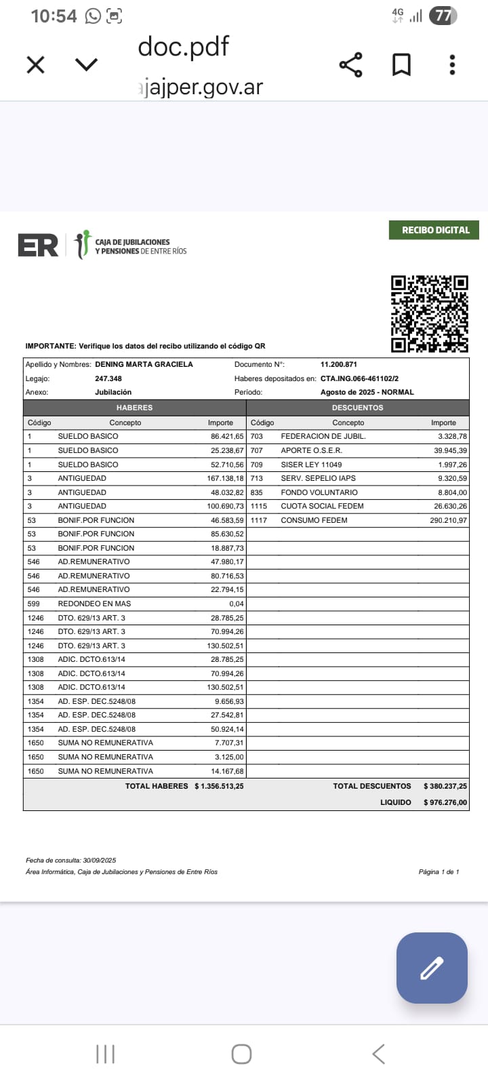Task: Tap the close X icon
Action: [x=35, y=65]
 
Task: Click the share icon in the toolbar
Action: [x=350, y=65]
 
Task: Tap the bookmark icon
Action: [x=402, y=65]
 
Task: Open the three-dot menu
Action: [x=452, y=65]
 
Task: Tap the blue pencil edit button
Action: [x=432, y=968]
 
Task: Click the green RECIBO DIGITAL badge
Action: [x=434, y=230]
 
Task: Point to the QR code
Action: [x=430, y=313]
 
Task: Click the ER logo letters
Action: [x=38, y=245]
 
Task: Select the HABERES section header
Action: [x=134, y=408]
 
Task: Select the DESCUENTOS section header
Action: [x=357, y=408]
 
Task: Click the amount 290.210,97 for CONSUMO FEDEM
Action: [x=444, y=520]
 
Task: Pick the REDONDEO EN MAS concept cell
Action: [x=94, y=604]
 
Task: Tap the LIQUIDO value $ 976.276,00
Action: [x=445, y=802]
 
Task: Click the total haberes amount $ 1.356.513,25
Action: [x=219, y=786]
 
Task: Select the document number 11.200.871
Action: [x=339, y=364]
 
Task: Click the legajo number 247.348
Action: [x=108, y=378]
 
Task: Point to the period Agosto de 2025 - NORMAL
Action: [x=367, y=392]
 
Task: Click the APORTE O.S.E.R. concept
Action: [x=311, y=450]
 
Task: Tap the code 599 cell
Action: [x=33, y=604]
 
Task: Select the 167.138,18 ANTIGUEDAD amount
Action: [x=225, y=478]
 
